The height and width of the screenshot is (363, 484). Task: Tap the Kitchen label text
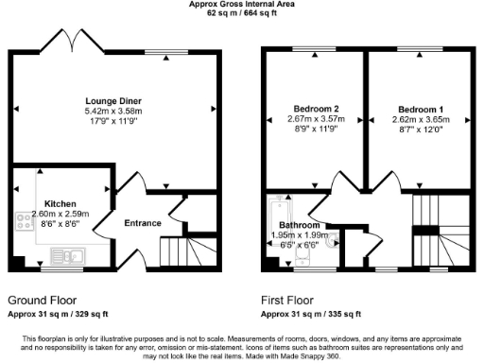(x=60, y=203)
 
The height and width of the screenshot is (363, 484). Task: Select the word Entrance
(x=143, y=223)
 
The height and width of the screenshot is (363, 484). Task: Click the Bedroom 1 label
(x=418, y=108)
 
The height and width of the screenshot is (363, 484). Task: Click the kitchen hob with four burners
(x=24, y=220)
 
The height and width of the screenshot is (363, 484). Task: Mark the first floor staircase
(x=433, y=227)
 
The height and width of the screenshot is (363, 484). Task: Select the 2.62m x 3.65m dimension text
(x=418, y=119)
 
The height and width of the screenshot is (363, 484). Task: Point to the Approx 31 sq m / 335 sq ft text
(x=313, y=313)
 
